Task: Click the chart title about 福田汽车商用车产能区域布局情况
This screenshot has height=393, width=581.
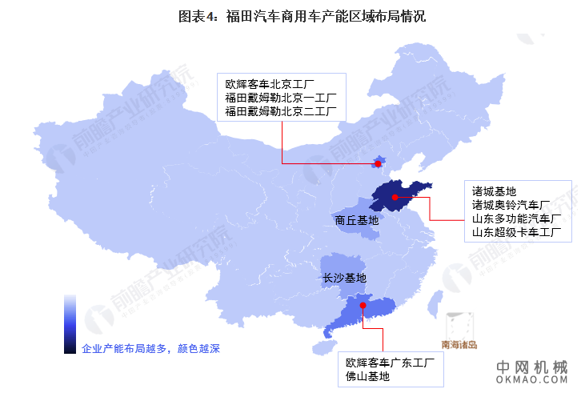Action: (x=290, y=15)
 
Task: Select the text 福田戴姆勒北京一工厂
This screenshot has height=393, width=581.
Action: (x=281, y=98)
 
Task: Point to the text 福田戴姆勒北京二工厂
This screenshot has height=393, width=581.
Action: (x=281, y=112)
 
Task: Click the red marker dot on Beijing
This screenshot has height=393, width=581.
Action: (x=377, y=164)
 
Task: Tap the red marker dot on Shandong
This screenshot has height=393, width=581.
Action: (x=395, y=196)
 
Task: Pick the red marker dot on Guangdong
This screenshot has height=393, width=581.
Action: (x=363, y=305)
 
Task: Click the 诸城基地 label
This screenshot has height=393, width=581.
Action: (x=494, y=190)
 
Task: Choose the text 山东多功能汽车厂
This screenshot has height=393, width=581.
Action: (x=518, y=219)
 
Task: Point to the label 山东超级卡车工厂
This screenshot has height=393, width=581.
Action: (x=518, y=233)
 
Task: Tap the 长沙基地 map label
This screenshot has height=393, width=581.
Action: (x=344, y=279)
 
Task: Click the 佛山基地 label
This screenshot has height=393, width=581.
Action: (x=367, y=376)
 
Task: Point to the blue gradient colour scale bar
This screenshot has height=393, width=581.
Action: (x=70, y=324)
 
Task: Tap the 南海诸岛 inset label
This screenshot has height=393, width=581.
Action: (x=459, y=344)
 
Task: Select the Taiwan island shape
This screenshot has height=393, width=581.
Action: (x=437, y=303)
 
